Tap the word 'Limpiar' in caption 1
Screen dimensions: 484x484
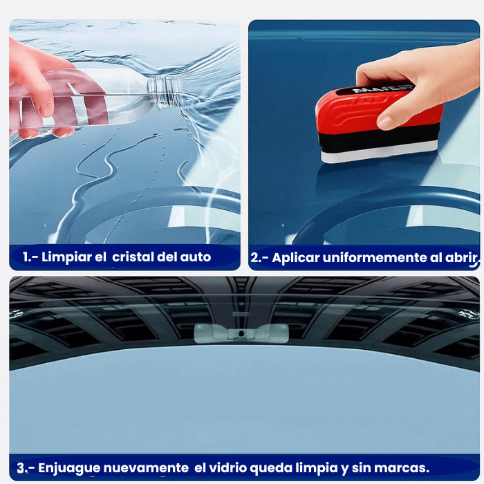click(66, 257)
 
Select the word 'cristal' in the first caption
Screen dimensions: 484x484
click(134, 257)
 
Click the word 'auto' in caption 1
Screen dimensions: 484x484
click(196, 257)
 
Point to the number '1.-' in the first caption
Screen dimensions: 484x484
click(29, 257)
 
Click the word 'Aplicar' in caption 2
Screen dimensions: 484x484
click(295, 258)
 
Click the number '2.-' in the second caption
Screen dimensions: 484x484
click(259, 258)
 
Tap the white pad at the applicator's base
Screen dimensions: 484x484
click(380, 153)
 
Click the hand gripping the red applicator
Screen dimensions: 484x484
click(415, 80)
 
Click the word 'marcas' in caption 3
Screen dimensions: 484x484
click(404, 468)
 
